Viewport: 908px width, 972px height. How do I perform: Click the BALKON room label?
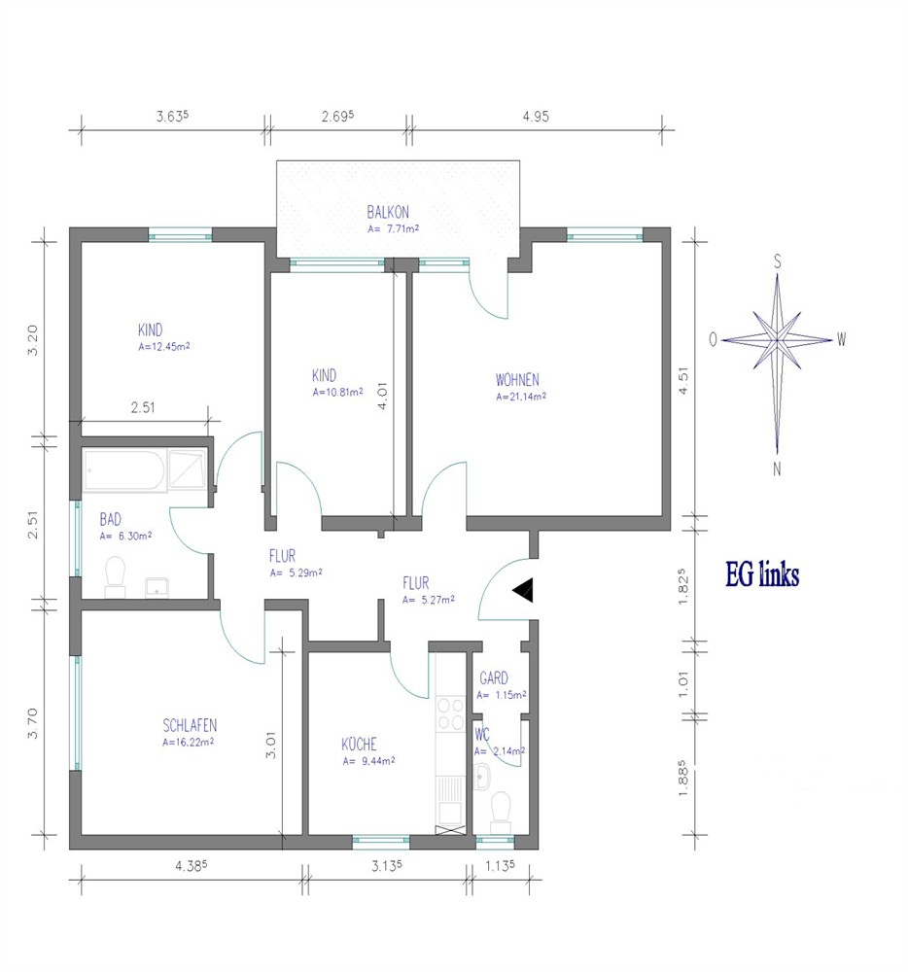(x=388, y=212)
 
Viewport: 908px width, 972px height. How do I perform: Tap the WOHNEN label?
(x=517, y=379)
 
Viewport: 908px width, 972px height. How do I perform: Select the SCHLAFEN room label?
(x=190, y=725)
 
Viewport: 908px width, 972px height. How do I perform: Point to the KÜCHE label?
(x=359, y=744)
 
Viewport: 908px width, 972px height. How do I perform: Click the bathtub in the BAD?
(x=124, y=469)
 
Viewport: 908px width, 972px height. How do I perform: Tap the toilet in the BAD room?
(x=116, y=576)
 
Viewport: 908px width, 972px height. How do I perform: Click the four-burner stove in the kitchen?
(x=450, y=714)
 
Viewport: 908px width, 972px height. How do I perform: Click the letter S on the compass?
(x=777, y=260)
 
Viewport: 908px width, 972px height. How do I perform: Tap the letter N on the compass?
(x=777, y=469)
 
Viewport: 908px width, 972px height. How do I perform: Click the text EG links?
(x=762, y=574)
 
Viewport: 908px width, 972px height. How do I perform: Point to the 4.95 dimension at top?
(x=536, y=117)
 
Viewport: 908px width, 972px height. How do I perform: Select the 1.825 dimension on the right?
(x=683, y=586)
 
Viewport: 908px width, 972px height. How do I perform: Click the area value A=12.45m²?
(x=163, y=347)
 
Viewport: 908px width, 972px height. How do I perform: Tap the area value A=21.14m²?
(x=521, y=397)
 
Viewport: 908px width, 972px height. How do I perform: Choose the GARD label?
(x=493, y=678)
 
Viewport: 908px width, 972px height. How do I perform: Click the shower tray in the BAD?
(x=187, y=469)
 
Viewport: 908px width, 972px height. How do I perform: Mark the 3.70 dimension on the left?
(x=32, y=723)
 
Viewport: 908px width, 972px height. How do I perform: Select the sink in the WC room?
(x=481, y=776)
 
